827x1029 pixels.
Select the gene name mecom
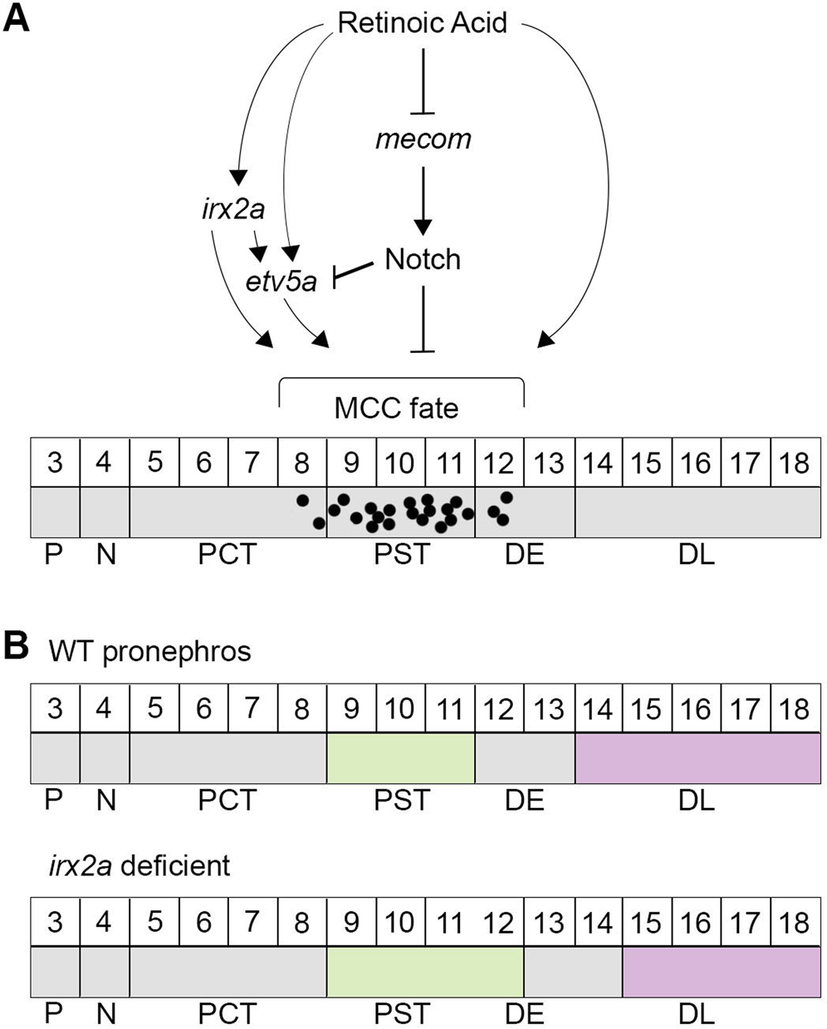click(x=423, y=138)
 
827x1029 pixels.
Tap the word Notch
click(x=423, y=259)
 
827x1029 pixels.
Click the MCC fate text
click(x=396, y=408)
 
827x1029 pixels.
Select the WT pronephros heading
click(x=149, y=651)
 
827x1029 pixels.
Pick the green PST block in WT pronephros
click(x=400, y=758)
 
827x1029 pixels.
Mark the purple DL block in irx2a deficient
click(x=721, y=973)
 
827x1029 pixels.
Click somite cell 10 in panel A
click(x=400, y=462)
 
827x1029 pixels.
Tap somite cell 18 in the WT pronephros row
click(x=795, y=708)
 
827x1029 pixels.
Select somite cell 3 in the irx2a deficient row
click(x=55, y=923)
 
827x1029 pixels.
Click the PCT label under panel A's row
click(x=228, y=554)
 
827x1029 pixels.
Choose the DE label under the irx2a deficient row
click(x=524, y=1014)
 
